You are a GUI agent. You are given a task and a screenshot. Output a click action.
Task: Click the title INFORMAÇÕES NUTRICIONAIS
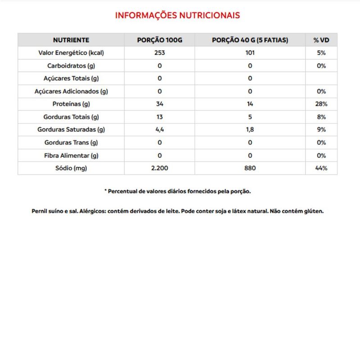[178, 15]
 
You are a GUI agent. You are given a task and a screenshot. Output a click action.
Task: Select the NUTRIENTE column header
[71, 40]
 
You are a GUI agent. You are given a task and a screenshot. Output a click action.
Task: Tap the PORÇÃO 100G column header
[160, 40]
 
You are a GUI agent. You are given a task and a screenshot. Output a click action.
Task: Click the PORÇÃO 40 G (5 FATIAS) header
[250, 40]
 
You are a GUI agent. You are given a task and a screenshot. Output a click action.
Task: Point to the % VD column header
[321, 40]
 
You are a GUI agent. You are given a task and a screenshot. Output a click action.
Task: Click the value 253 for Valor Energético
[160, 53]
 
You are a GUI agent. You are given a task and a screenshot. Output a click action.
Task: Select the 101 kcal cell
[250, 53]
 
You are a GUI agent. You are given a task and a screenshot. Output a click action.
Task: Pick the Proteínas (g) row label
[71, 104]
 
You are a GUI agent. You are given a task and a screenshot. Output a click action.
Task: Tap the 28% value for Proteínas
[321, 104]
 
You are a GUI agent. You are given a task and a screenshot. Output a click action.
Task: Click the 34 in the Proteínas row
[160, 104]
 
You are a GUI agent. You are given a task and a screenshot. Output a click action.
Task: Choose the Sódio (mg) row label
[71, 169]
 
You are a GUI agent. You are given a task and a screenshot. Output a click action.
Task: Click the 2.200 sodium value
[160, 169]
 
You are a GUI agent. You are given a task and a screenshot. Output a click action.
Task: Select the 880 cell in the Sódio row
[250, 169]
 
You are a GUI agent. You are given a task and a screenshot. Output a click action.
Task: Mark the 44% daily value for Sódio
[321, 169]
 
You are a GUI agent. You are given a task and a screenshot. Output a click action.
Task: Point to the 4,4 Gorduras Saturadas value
[160, 130]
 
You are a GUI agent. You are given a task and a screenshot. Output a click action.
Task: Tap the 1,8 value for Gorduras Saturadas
[250, 130]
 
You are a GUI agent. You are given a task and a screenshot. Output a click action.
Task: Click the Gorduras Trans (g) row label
[71, 143]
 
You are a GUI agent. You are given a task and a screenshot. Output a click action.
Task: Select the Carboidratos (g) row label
[71, 66]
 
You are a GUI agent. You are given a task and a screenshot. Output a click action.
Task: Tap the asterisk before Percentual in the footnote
[106, 191]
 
